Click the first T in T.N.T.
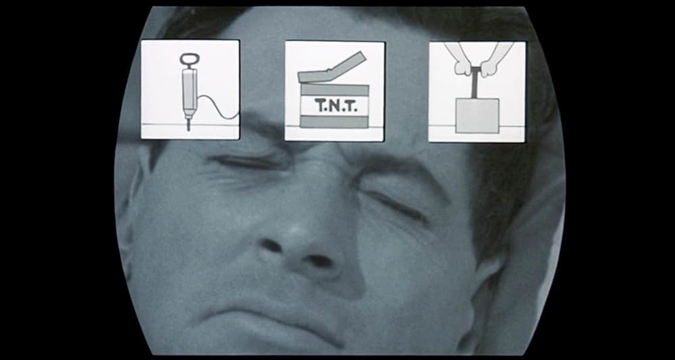(320, 105)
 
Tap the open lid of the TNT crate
(332, 69)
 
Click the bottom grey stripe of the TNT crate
(335, 122)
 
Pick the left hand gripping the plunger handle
(462, 65)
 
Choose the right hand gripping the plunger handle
(493, 65)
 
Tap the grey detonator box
(477, 115)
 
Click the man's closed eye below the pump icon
(246, 163)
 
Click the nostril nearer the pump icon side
(272, 246)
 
